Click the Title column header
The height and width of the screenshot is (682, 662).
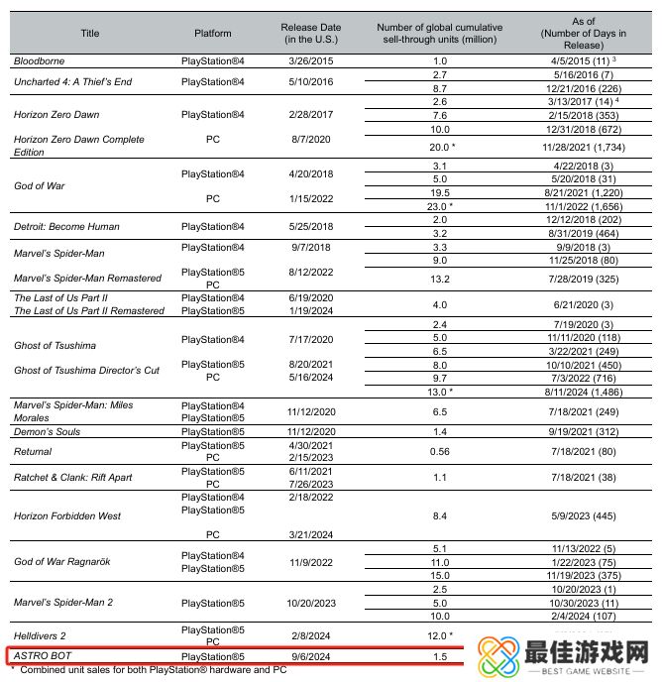89,33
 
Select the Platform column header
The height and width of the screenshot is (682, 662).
213,33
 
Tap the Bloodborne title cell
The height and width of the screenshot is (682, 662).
40,61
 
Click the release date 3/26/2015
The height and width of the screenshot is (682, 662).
307,61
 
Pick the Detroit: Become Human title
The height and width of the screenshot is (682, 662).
66,226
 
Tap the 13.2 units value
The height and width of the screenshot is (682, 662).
441,279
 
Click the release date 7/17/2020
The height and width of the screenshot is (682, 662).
307,339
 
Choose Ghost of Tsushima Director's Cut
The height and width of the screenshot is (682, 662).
86,370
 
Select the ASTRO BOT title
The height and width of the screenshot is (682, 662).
45,656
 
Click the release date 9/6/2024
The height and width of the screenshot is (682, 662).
307,656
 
